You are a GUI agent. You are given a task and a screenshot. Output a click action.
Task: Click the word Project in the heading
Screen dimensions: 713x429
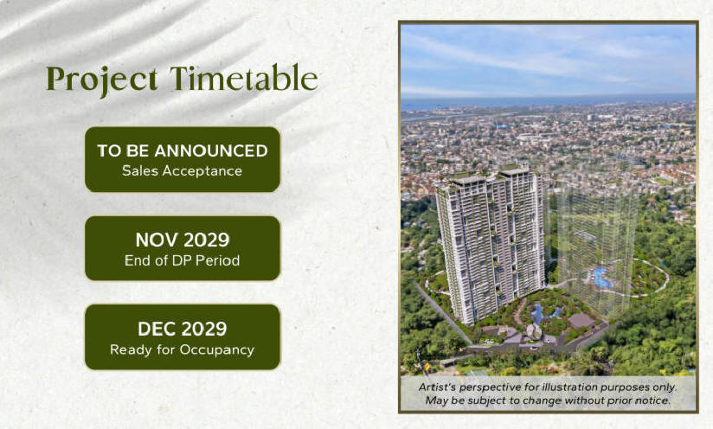tap(102, 80)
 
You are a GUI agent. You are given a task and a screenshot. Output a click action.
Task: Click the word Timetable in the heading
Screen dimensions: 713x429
tap(244, 78)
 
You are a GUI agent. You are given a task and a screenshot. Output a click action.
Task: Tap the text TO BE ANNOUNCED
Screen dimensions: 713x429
tap(183, 150)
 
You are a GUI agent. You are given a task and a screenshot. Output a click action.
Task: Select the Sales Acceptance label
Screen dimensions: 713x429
tap(182, 171)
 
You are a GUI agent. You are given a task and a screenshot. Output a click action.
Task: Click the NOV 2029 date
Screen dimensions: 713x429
tap(183, 240)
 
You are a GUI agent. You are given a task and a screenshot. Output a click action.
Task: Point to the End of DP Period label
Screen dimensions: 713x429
tap(182, 260)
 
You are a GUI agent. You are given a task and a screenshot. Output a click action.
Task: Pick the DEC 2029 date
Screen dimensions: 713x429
tap(182, 329)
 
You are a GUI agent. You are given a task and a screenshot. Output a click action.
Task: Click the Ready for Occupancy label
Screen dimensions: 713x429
tap(182, 350)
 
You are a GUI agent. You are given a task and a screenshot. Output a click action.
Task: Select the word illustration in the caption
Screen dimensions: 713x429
tap(569, 387)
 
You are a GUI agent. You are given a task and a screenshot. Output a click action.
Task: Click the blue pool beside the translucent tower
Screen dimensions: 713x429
tap(601, 278)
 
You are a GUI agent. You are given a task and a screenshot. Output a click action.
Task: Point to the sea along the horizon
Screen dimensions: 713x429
tap(548, 102)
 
